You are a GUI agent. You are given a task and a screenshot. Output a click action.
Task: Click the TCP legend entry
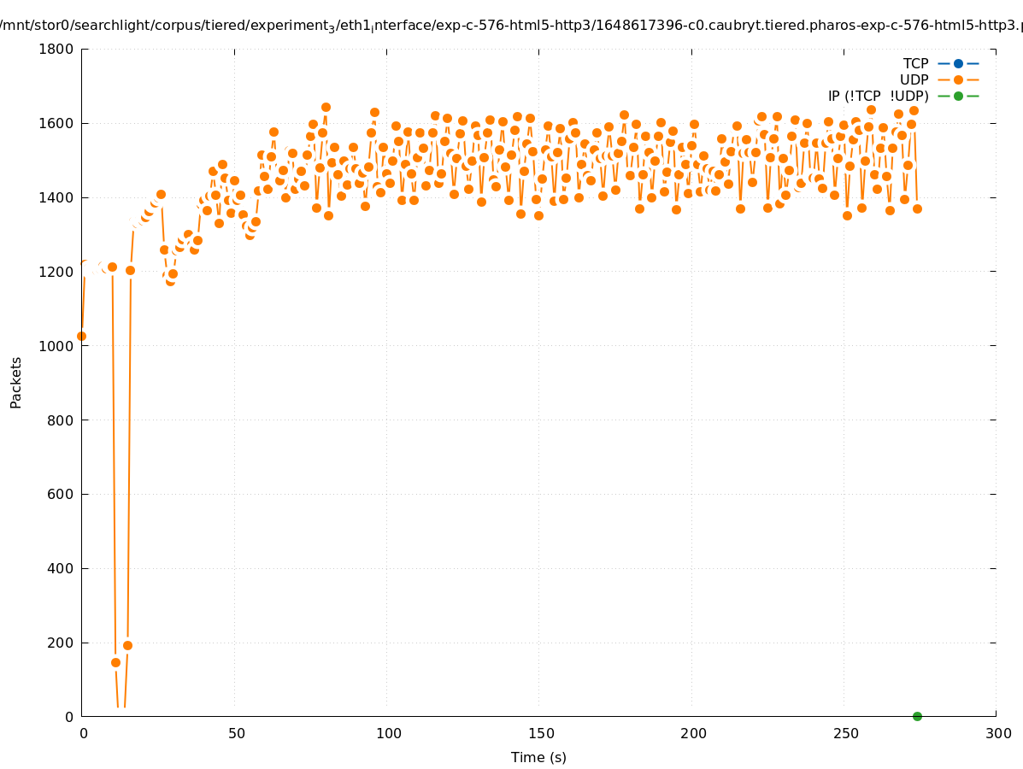point(940,63)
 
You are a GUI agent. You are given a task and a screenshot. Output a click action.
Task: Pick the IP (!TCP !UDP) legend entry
point(902,96)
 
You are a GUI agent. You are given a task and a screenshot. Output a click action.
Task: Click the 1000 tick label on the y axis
point(56,346)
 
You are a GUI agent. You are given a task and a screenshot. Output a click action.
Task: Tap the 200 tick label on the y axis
point(62,643)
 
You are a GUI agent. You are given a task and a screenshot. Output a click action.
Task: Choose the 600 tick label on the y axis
point(62,494)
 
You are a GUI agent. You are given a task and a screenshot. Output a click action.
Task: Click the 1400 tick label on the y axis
point(56,197)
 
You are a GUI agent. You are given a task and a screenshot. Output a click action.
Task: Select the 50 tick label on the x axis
point(236,733)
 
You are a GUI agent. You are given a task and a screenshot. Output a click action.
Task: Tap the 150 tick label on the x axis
point(541,733)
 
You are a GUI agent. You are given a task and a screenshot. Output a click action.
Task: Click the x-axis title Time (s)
point(538,757)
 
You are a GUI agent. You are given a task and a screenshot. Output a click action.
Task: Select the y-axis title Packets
point(16,382)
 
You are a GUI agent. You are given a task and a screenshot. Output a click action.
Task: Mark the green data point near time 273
point(917,716)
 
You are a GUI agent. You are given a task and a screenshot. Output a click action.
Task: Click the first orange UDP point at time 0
point(81,336)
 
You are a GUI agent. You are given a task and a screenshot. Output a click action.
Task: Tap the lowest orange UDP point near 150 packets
point(115,662)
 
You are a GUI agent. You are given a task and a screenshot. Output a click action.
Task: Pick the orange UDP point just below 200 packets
point(127,645)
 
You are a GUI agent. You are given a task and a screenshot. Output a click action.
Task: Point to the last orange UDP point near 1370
point(917,208)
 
